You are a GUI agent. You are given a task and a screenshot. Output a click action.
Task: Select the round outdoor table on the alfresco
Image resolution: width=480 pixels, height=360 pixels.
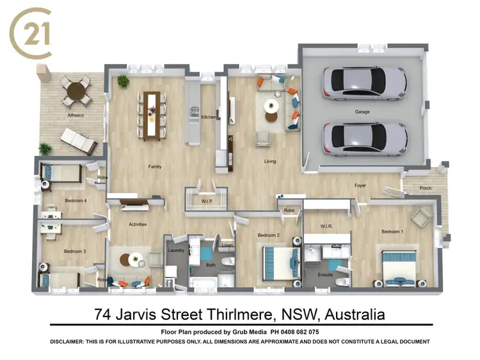click(x=77, y=90)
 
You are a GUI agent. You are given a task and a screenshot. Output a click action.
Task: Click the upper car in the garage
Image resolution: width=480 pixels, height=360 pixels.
click(x=365, y=81)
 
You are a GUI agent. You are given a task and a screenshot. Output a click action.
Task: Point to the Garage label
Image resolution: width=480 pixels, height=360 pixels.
click(x=363, y=112)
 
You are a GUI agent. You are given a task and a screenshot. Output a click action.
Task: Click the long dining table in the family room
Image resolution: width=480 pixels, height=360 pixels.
click(x=152, y=114)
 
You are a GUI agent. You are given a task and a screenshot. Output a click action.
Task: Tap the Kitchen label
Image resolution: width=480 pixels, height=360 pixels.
click(x=209, y=117)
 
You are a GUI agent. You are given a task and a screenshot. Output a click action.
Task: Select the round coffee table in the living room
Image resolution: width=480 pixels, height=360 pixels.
click(x=272, y=106)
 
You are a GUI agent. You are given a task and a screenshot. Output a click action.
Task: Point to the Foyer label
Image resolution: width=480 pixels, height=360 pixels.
click(x=360, y=185)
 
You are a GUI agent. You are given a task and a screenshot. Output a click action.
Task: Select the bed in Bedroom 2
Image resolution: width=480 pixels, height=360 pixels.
click(x=280, y=263)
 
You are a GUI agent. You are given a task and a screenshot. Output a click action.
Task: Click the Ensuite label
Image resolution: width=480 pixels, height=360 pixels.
click(x=326, y=275)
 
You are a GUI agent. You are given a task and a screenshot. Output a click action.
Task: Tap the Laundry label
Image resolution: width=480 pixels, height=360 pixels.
click(x=176, y=251)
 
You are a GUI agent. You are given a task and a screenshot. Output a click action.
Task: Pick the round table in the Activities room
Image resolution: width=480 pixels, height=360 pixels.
click(x=135, y=260)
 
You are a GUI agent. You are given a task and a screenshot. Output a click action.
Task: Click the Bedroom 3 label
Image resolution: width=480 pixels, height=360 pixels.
click(x=75, y=251)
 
